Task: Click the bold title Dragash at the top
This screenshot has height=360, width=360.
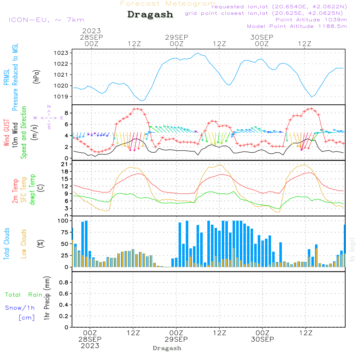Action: click(150, 15)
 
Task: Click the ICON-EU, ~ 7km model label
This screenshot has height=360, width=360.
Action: click(46, 20)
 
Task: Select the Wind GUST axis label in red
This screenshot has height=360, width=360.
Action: click(7, 133)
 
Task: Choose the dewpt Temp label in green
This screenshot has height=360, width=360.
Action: click(33, 190)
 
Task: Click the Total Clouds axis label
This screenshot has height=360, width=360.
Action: click(7, 244)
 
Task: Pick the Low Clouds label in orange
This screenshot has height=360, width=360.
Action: click(24, 244)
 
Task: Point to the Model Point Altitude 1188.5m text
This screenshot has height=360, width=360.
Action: click(297, 26)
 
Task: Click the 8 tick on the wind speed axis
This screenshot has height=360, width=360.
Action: click(66, 113)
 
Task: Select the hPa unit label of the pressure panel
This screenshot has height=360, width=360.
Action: click(36, 77)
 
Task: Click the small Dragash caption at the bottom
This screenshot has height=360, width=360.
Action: click(167, 348)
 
